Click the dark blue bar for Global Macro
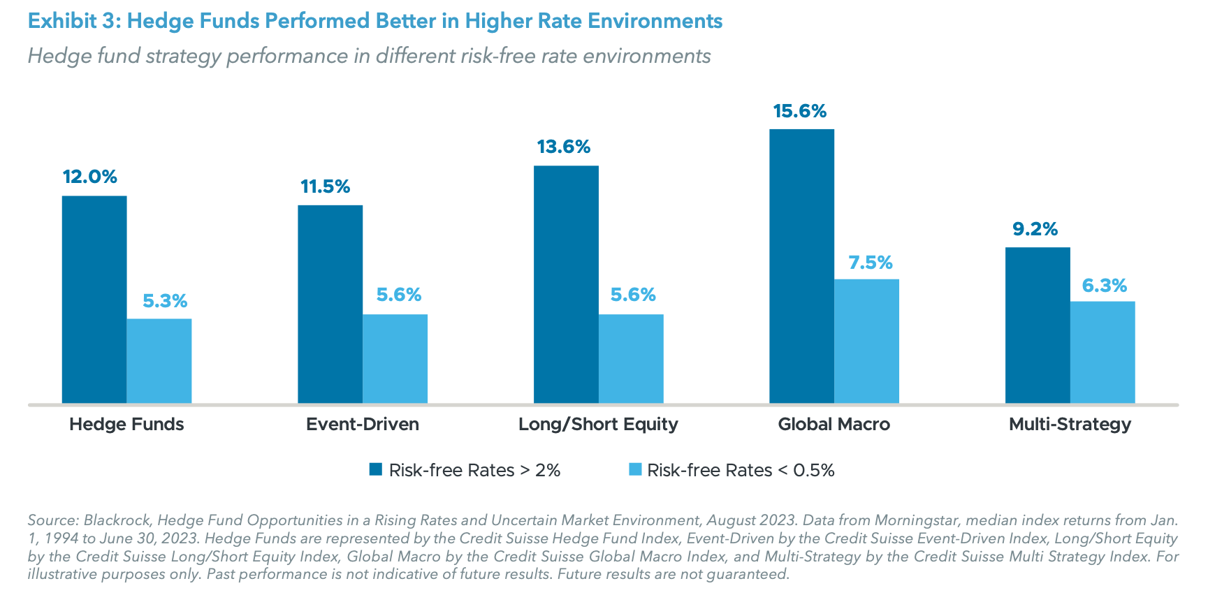tap(801, 265)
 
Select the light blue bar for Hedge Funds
tap(159, 360)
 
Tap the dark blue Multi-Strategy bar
tap(1037, 325)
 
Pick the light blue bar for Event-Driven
tap(395, 358)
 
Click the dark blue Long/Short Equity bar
tap(566, 284)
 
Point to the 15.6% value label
tap(799, 111)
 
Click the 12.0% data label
tap(90, 177)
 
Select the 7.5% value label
tap(870, 263)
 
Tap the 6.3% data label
tap(1104, 286)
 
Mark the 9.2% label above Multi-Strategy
tap(1035, 229)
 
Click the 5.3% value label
tap(165, 301)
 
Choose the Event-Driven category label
tap(362, 424)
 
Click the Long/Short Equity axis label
tap(598, 424)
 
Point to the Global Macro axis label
tap(834, 424)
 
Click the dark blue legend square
tap(376, 469)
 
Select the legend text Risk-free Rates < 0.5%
tap(741, 470)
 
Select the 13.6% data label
tap(563, 147)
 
